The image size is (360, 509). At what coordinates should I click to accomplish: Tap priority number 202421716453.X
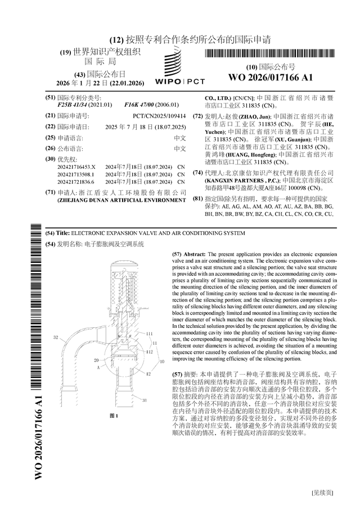coord(76,167)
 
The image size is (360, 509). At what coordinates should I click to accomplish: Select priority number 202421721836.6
coord(76,182)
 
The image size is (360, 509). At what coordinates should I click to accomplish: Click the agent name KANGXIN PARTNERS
coord(231,180)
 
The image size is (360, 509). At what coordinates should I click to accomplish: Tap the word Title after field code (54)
coord(62,232)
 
